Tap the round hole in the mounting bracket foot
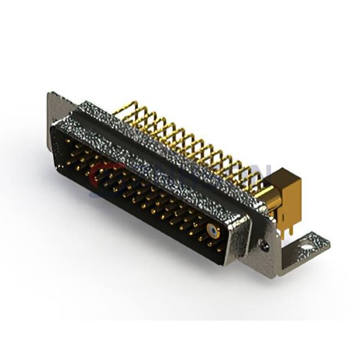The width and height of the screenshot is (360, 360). [x=309, y=244]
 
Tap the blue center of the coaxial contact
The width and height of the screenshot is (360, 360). [x=213, y=230]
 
